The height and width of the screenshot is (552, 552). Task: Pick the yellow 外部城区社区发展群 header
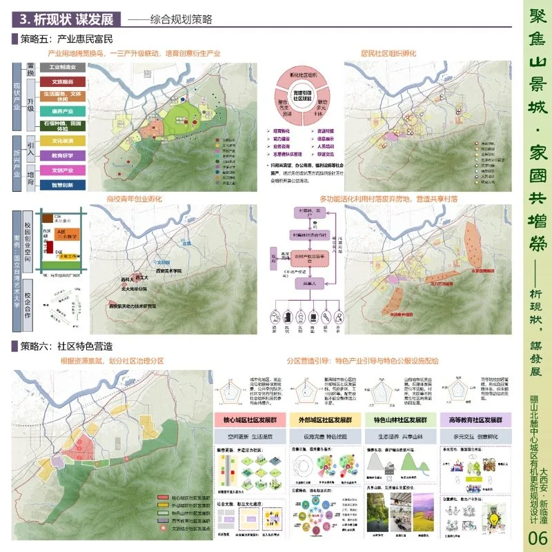(320, 420)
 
